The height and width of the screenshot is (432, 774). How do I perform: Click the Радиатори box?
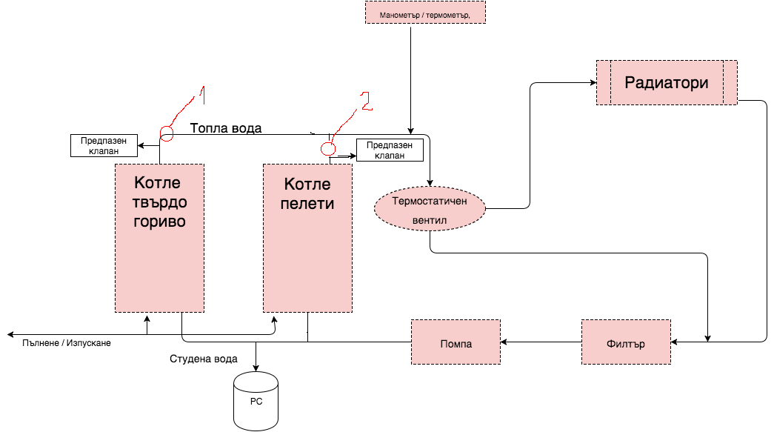[667, 82]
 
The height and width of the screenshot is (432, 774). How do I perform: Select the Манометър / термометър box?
[425, 13]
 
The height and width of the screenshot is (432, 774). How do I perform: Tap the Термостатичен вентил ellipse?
[430, 208]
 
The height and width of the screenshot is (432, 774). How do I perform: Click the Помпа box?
[456, 342]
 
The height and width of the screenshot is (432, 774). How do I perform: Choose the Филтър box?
[626, 342]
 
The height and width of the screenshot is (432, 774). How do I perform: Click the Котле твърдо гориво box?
[159, 237]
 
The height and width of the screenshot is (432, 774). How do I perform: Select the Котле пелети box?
[307, 237]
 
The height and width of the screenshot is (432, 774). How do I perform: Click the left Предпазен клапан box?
[104, 145]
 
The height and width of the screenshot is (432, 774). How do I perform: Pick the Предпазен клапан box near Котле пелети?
[390, 150]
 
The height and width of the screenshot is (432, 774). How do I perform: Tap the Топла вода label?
[226, 127]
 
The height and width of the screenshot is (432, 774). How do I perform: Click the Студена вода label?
[204, 359]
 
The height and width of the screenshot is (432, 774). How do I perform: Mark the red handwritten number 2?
[364, 101]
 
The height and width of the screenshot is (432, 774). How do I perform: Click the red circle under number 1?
[167, 133]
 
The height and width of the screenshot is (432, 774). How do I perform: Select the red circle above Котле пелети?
[328, 149]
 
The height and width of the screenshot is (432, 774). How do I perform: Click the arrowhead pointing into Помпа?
[504, 342]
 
